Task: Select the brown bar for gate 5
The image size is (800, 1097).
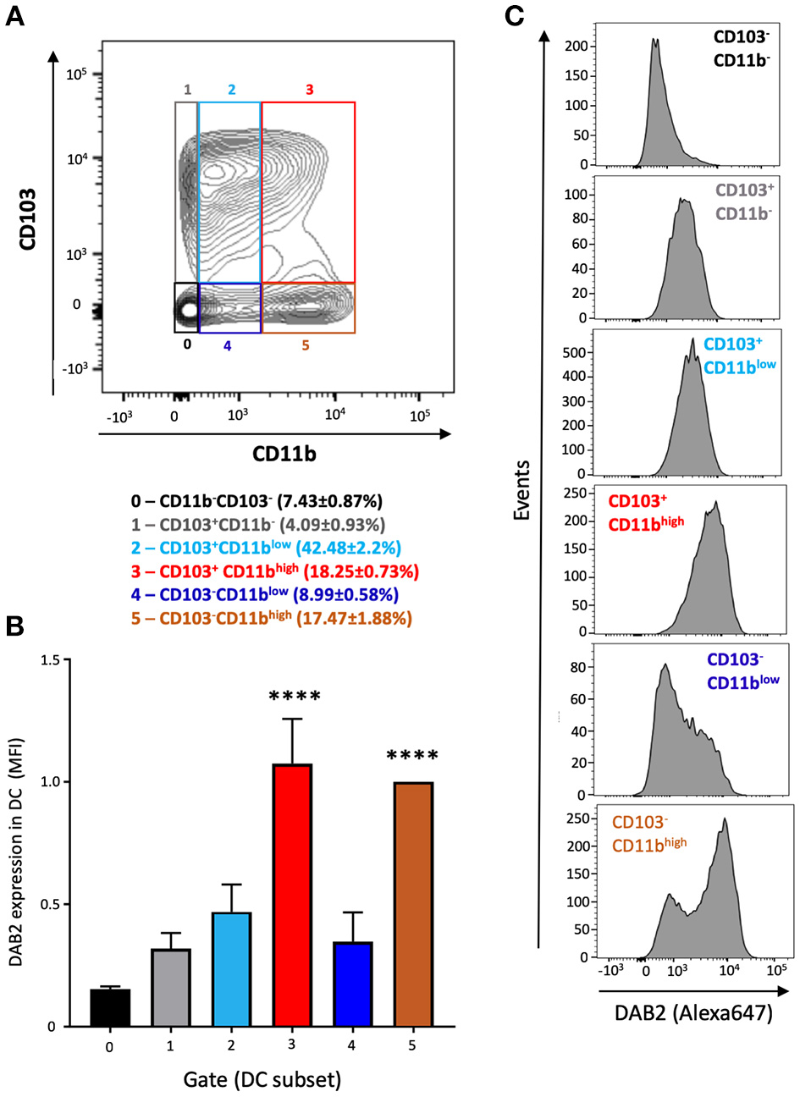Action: point(412,903)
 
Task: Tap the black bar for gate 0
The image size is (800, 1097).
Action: point(110,1007)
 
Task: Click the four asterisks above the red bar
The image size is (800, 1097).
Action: point(295,697)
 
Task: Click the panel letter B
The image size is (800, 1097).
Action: point(14,626)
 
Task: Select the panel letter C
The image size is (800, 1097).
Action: point(514,14)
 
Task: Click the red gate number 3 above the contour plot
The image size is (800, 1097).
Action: point(309,89)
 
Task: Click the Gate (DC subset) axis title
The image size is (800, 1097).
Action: point(262,1079)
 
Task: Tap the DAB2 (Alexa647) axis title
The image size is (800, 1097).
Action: point(694,1012)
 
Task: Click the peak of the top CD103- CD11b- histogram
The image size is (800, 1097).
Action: point(654,39)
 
